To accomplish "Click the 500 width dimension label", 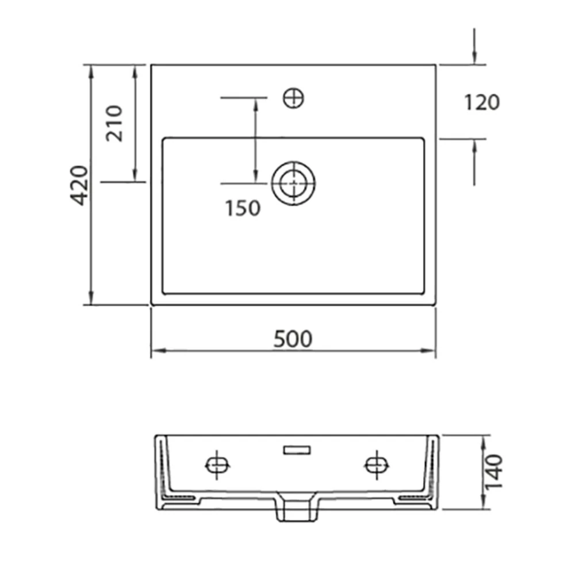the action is (x=293, y=339).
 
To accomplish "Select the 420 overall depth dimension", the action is (x=79, y=185).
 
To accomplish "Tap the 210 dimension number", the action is (x=114, y=123).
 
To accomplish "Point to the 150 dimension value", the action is (x=243, y=208).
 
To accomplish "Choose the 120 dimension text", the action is (x=482, y=102).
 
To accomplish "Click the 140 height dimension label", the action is (x=493, y=471).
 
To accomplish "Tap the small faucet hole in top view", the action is (x=293, y=98).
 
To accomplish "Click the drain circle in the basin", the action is (x=293, y=183).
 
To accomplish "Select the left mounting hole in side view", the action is (x=217, y=465).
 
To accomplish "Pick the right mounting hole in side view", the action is (x=377, y=465).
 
